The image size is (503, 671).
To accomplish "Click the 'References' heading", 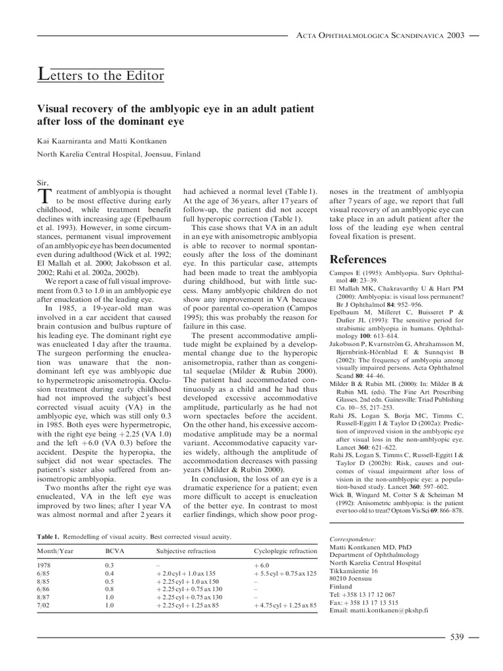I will (x=357, y=259).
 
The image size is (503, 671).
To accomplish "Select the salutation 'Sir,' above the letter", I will (x=44, y=180).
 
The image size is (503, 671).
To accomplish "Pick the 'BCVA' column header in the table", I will (x=114, y=552).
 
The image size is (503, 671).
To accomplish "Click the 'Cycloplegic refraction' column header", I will (x=286, y=552).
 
